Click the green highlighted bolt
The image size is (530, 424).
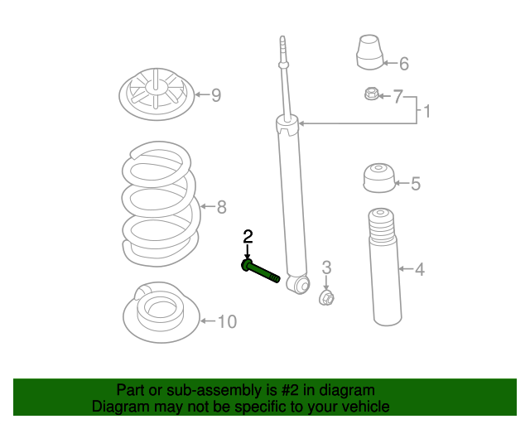tap(260, 271)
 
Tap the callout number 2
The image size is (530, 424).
tap(247, 238)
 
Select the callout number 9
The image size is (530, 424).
tap(215, 95)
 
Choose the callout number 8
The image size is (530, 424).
tap(221, 207)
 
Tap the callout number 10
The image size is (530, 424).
tap(227, 321)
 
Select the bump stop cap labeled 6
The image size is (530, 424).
tap(371, 53)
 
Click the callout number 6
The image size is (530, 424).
tap(404, 64)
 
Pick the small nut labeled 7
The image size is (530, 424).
tap(372, 94)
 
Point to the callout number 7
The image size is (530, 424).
tap(397, 98)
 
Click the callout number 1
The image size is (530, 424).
tap(427, 110)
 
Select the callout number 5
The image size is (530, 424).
tap(416, 184)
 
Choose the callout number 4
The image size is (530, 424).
tap(419, 269)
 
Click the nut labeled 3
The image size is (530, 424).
tap(327, 296)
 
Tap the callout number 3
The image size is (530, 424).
tap(326, 267)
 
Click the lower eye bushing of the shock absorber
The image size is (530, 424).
tap(296, 285)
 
